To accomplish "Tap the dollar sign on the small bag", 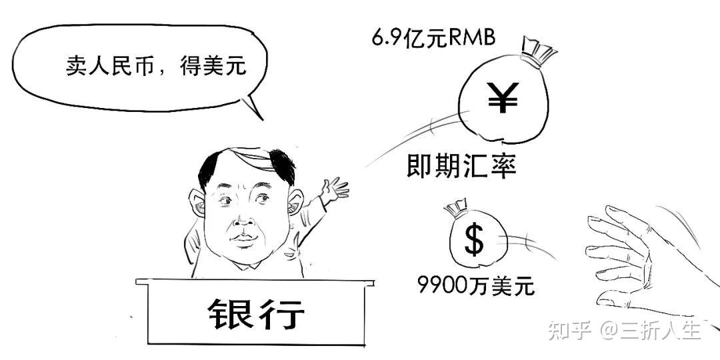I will tap(473, 241).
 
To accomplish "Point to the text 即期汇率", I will tap(461, 166).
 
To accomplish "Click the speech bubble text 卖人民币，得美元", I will tap(156, 65).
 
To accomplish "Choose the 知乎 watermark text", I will tap(569, 330).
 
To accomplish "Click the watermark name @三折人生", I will tap(650, 330).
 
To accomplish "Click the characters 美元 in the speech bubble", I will tap(232, 65).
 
